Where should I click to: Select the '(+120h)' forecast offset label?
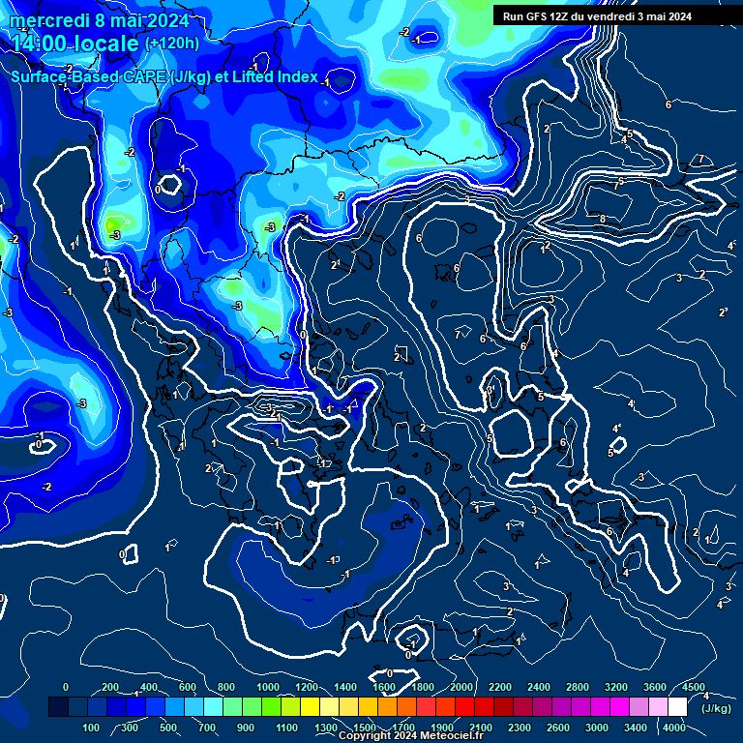pos(171,44)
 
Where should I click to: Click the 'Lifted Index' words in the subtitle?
pos(274,77)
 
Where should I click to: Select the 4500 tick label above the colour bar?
pos(694,687)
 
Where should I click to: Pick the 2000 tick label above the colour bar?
pos(461,687)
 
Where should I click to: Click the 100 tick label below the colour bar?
pos(91,728)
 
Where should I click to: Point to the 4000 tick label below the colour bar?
pos(674,728)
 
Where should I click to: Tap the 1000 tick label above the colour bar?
pos(267,687)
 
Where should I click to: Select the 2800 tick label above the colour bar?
pos(578,687)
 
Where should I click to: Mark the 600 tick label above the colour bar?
pos(188,687)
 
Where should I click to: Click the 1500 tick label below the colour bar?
pos(365,728)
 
